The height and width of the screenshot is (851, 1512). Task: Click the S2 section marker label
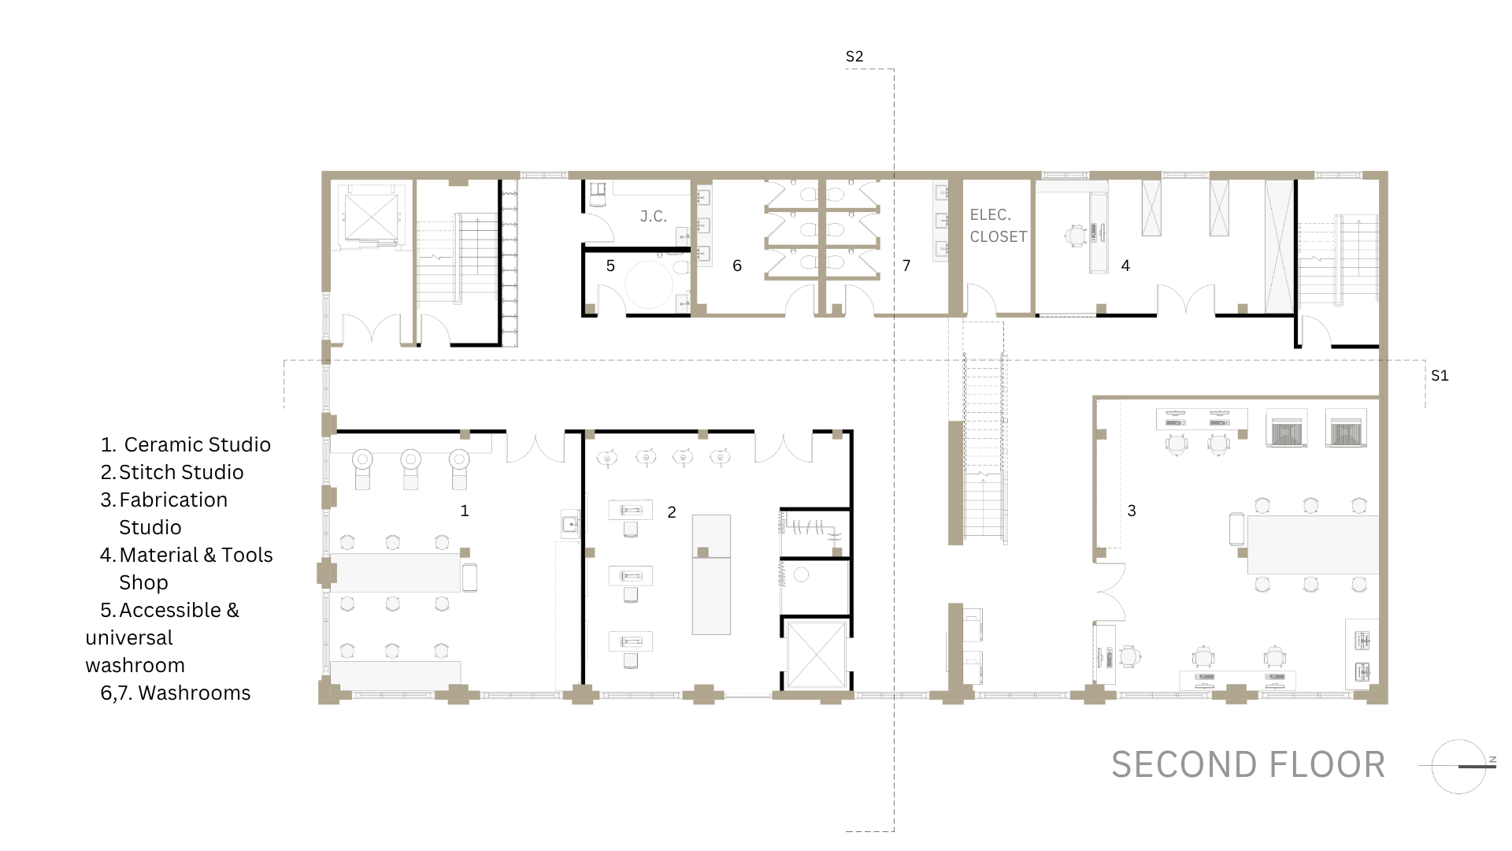coord(854,57)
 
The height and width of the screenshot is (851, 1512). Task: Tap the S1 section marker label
coord(1440,376)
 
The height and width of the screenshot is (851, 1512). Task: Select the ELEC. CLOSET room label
coord(998,225)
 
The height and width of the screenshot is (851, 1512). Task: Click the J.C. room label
coord(654,217)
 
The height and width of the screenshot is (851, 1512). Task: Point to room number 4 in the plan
coord(1125,266)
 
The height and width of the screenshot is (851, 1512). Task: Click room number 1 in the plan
coord(465,511)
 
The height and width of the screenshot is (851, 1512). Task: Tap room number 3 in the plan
coord(1132,511)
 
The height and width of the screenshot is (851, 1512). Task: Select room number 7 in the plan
coord(906,266)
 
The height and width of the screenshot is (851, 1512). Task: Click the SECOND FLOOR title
coord(1248,765)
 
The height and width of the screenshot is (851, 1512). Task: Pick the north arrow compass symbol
coord(1458,766)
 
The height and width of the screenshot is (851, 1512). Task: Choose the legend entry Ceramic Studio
coord(198,444)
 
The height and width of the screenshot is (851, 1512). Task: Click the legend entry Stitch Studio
coord(181,472)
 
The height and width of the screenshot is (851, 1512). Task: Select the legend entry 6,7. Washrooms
coord(176,693)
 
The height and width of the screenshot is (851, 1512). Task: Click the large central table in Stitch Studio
coord(711,574)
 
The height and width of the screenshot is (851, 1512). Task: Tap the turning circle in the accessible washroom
coord(650,284)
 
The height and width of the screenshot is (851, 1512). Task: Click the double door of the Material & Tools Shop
coord(1186,300)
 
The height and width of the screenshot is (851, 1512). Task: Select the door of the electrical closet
coord(982,299)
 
